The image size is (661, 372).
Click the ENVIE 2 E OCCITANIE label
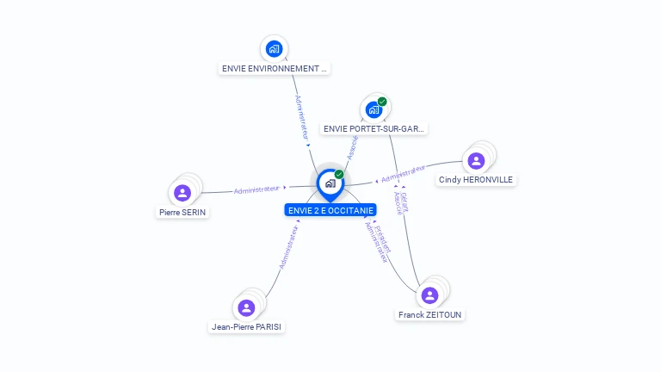(x=330, y=210)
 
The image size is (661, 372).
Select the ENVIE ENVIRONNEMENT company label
(x=275, y=68)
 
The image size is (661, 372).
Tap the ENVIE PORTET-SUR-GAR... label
(x=374, y=128)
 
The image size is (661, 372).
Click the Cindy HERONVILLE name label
(x=475, y=180)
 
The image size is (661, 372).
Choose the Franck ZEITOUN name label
(x=430, y=315)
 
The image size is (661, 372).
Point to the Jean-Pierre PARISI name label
(x=247, y=327)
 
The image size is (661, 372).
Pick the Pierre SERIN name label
(x=183, y=212)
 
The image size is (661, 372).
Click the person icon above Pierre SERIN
(x=182, y=193)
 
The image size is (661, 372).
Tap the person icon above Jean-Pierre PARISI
(x=246, y=307)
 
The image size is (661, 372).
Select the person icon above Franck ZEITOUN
(x=429, y=295)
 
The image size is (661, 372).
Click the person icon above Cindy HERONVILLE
(x=476, y=160)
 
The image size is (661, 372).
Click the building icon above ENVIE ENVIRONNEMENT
(x=275, y=48)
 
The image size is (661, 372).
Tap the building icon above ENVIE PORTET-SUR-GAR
(x=374, y=109)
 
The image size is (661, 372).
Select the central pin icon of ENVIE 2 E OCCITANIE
(x=330, y=183)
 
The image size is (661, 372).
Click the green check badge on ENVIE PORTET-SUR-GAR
(x=382, y=102)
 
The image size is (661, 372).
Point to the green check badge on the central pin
(x=339, y=175)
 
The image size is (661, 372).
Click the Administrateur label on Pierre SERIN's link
(x=257, y=189)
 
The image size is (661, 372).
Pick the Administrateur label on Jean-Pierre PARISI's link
(x=288, y=247)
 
